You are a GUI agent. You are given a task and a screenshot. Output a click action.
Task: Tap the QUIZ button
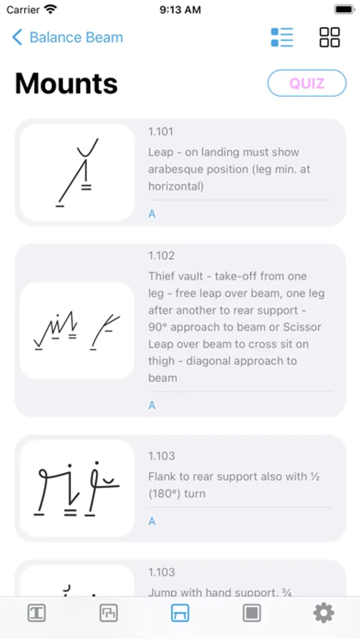click(x=307, y=83)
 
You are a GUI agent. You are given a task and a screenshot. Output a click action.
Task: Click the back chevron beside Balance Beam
click(x=17, y=37)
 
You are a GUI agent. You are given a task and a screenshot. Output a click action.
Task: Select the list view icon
click(x=282, y=37)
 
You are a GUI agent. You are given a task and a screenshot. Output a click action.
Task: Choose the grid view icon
click(x=329, y=37)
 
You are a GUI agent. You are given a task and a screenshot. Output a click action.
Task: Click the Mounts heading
click(x=67, y=84)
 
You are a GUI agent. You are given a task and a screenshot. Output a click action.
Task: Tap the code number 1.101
click(x=160, y=131)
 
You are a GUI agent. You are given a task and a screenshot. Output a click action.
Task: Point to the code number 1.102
click(x=161, y=256)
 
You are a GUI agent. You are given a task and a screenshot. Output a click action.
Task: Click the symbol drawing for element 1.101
click(x=77, y=173)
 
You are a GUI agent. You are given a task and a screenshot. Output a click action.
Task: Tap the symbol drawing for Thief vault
click(x=77, y=330)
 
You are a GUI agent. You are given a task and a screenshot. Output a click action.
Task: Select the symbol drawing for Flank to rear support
click(x=77, y=488)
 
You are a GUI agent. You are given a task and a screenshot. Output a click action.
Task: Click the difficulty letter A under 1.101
click(x=152, y=214)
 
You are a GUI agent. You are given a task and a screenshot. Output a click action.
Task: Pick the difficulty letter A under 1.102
click(x=152, y=405)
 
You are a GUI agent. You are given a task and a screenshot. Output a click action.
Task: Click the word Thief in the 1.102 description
click(x=161, y=276)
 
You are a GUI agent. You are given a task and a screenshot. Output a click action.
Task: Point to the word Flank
click(x=162, y=476)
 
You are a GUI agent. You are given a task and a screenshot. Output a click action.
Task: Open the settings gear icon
click(x=324, y=613)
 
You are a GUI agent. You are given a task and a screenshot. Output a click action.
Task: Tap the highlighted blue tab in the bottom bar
click(x=180, y=613)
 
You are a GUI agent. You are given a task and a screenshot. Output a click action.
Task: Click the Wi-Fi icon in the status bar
click(x=50, y=9)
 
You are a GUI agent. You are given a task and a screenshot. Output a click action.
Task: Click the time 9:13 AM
click(x=180, y=10)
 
